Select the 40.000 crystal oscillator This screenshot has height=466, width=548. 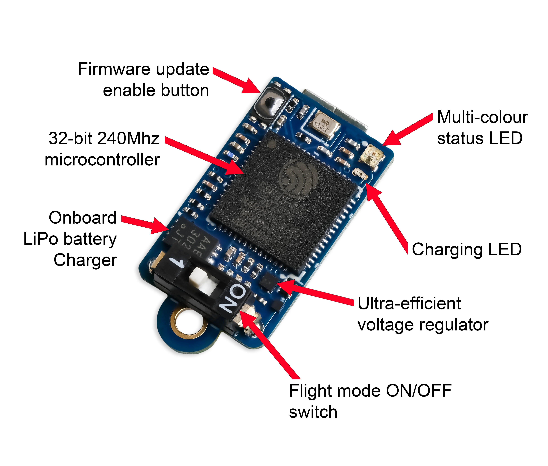click(324, 125)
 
